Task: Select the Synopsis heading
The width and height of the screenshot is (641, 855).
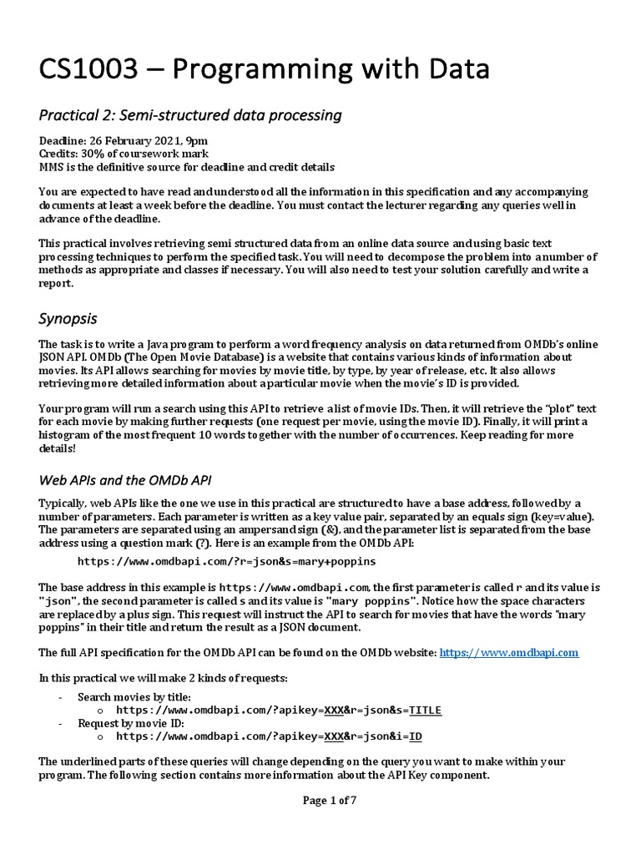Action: [68, 318]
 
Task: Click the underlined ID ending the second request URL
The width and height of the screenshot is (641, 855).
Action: [416, 736]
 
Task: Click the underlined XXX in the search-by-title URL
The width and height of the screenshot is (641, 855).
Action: [335, 710]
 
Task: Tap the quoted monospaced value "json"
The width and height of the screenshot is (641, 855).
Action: [59, 600]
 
